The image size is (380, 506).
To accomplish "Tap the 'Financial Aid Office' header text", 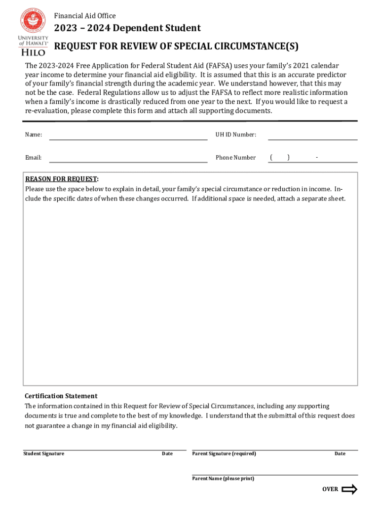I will click(85, 16).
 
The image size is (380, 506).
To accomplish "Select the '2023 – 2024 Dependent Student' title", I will click(127, 28).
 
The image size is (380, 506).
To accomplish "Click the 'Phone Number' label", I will click(235, 158).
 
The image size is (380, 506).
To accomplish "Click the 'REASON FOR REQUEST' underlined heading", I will click(62, 179).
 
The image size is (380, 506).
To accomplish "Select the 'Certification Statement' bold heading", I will click(61, 396).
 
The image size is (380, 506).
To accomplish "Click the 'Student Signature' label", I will click(43, 454).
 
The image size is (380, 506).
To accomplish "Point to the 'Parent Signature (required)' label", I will click(224, 454).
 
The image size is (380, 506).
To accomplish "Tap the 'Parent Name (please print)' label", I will click(223, 478).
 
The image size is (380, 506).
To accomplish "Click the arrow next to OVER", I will click(349, 490).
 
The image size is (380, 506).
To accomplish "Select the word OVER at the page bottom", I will click(330, 489).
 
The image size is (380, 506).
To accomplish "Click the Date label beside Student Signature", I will click(167, 454).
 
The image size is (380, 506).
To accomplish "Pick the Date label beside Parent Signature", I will click(340, 454).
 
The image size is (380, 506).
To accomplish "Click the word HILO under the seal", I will click(33, 52).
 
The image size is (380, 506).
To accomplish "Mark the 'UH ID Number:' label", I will click(235, 135).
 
